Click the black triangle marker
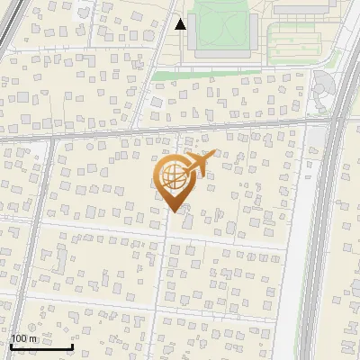181,24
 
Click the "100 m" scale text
24,338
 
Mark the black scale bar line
41,346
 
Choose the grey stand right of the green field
253,27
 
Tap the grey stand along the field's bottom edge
221,54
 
